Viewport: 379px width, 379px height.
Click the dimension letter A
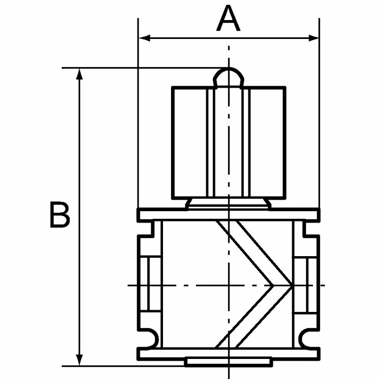[228, 18]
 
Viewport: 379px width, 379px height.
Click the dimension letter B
[60, 214]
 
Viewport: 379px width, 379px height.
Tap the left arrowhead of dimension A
[145, 38]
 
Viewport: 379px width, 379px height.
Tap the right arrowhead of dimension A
[313, 38]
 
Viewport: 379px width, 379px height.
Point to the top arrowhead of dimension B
[79, 74]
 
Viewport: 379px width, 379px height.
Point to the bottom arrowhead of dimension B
[79, 360]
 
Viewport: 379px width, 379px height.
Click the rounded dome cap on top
[228, 77]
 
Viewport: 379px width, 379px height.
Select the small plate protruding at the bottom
[228, 362]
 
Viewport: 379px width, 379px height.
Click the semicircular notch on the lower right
[309, 339]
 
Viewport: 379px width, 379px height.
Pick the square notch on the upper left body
[146, 228]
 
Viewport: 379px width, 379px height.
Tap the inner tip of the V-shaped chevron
[273, 285]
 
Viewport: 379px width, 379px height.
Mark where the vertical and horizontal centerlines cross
[228, 285]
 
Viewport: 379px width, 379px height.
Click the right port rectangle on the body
[305, 285]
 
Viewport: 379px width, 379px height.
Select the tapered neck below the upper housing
[228, 204]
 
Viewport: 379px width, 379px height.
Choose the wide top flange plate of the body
[228, 214]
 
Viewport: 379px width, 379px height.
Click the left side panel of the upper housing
[190, 143]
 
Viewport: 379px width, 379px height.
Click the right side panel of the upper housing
[267, 143]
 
